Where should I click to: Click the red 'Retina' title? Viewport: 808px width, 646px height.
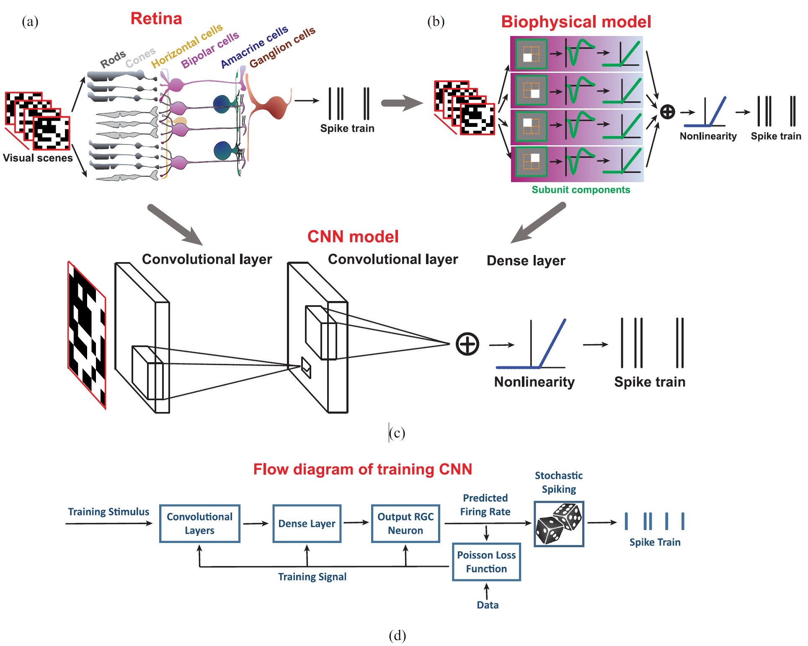click(156, 19)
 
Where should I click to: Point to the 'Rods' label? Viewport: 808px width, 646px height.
click(113, 59)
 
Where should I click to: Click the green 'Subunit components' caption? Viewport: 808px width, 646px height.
click(581, 190)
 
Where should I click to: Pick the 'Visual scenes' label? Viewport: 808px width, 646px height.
click(38, 158)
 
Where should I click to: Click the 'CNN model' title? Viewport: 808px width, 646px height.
click(353, 237)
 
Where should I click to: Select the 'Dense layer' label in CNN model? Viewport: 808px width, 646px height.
click(526, 261)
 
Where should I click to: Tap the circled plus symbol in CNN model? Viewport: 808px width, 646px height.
click(467, 344)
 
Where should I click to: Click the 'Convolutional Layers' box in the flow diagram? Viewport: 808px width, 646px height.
click(199, 523)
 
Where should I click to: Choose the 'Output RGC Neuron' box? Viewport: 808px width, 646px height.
click(405, 523)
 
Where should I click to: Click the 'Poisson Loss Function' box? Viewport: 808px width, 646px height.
click(486, 562)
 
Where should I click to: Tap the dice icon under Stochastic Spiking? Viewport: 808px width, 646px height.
click(558, 524)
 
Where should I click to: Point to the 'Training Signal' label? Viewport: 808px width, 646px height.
click(312, 577)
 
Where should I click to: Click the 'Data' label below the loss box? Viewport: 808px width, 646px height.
click(488, 605)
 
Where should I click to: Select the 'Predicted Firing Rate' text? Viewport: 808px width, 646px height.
click(485, 505)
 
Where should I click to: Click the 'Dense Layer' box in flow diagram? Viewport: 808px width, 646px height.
click(307, 523)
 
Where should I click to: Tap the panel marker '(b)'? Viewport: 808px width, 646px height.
click(436, 21)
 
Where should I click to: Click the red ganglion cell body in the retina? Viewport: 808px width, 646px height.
click(275, 107)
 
